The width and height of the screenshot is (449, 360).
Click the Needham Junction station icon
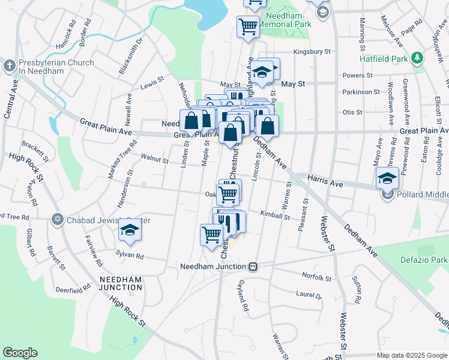254,266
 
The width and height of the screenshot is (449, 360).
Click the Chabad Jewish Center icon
58,220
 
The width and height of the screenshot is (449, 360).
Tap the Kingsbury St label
312,52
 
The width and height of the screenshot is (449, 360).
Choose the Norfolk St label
316,278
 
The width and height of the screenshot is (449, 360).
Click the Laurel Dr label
309,295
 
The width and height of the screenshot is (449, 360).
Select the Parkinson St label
361,92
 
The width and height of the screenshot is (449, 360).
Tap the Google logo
20,353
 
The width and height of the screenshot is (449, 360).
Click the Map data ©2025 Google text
412,355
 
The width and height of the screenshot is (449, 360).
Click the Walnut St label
154,159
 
